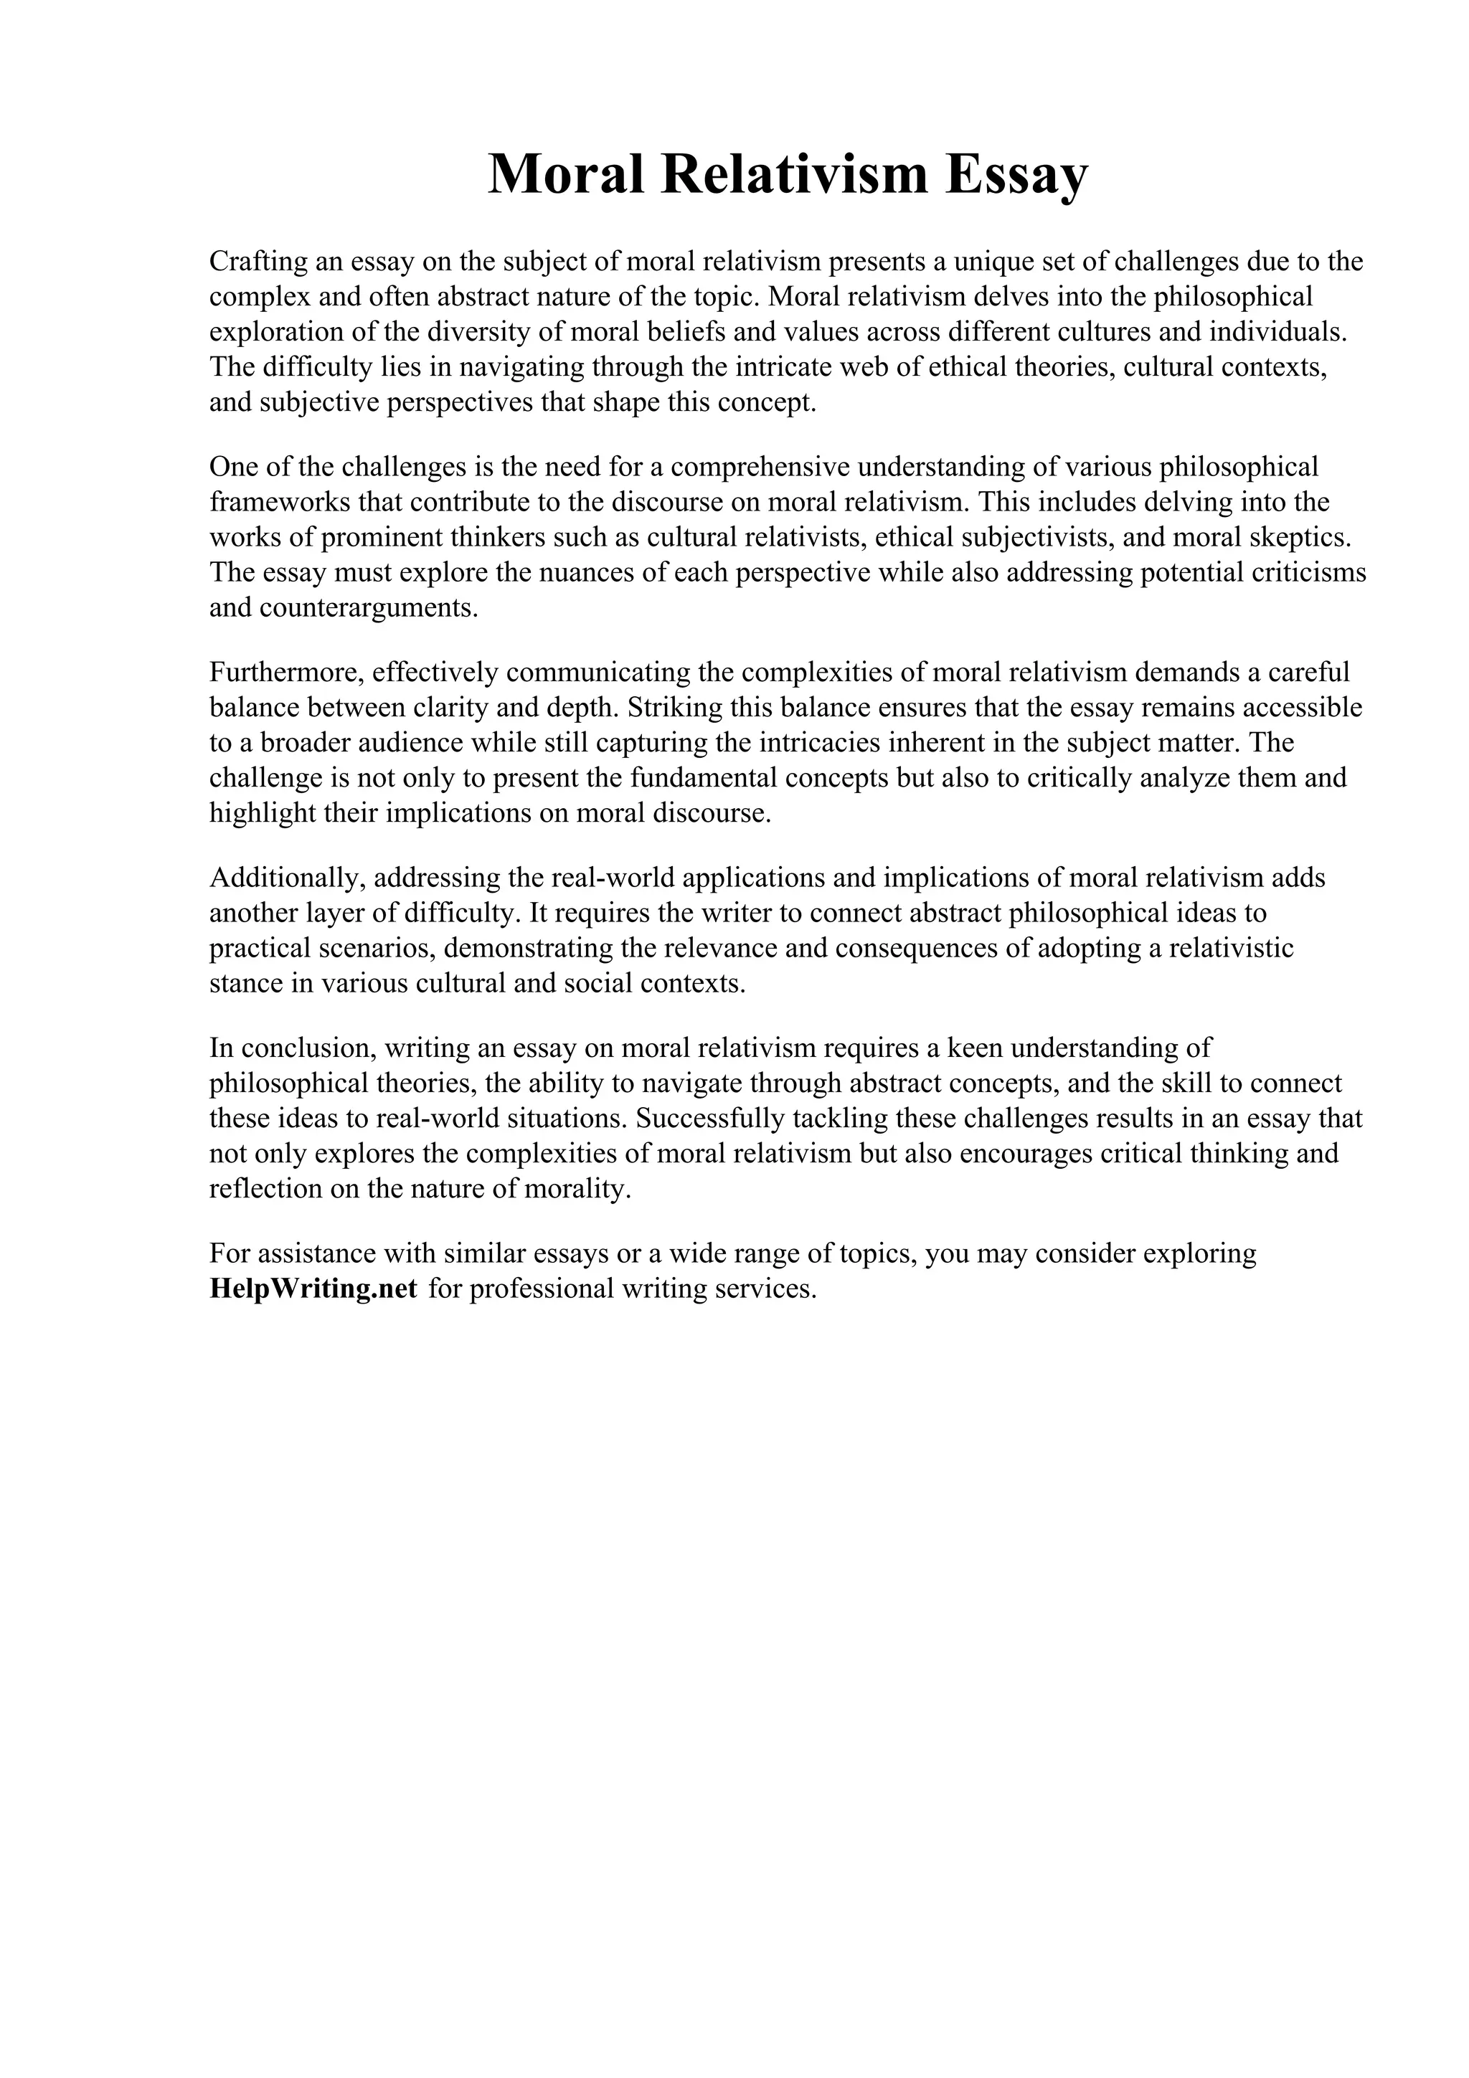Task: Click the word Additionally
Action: (286, 878)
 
